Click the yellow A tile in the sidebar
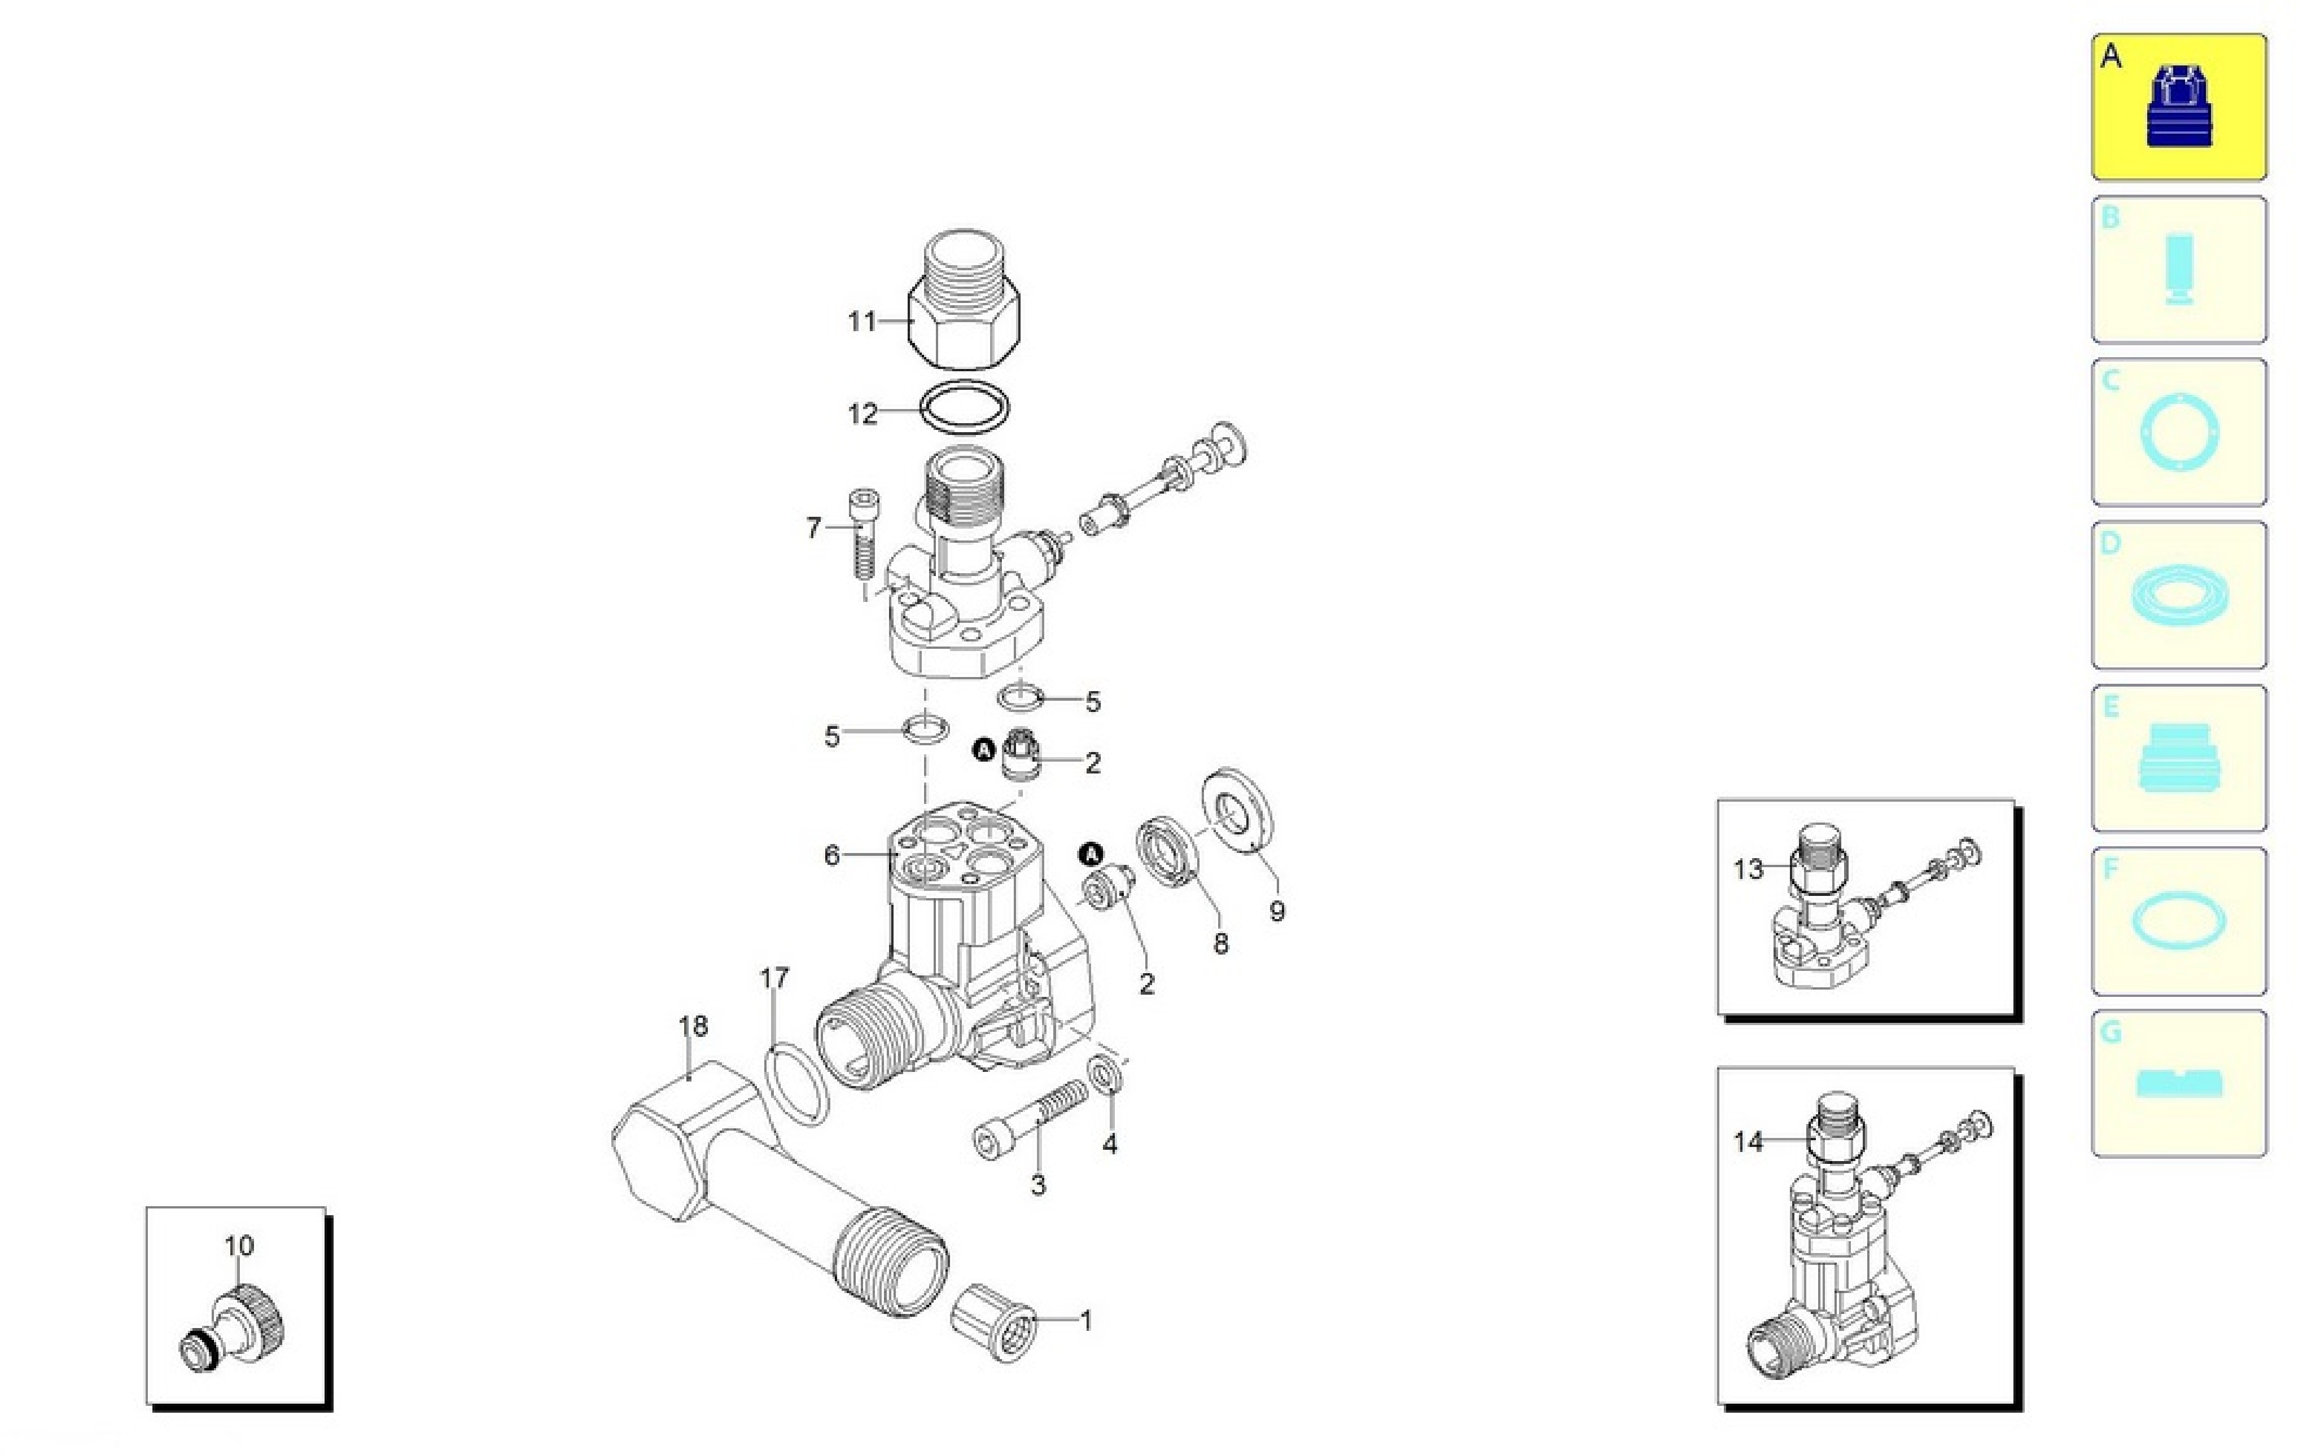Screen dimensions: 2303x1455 point(2179,107)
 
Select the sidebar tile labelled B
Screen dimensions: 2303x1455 point(2179,270)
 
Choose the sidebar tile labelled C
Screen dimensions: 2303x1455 point(2179,432)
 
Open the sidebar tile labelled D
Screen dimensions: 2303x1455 point(2179,595)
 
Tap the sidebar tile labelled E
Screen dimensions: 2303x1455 point(2179,758)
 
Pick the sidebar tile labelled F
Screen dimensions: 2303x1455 point(2179,921)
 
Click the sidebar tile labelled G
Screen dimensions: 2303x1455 point(2179,1083)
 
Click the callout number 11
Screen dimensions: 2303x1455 point(862,321)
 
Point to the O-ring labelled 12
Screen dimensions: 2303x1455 point(964,409)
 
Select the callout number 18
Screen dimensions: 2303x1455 point(693,1026)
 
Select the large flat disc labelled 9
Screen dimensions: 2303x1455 point(1237,808)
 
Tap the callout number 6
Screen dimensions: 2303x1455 point(832,855)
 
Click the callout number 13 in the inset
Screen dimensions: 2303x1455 point(1748,869)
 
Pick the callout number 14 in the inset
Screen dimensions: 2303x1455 point(1748,1141)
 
